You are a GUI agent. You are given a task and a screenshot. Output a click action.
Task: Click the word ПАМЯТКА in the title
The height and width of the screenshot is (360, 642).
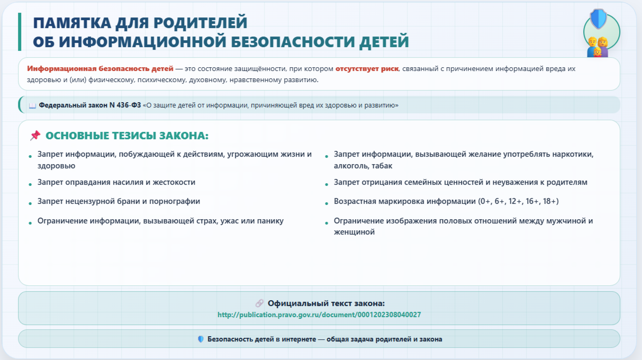click(72, 23)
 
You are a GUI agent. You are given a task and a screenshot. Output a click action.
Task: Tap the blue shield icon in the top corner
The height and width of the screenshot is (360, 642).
click(599, 19)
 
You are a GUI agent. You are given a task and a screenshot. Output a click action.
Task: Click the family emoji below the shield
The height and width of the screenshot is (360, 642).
click(598, 47)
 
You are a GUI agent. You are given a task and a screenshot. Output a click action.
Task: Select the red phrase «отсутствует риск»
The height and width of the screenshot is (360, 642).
click(367, 69)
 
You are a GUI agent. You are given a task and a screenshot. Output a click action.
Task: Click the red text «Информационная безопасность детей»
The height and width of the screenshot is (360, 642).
click(100, 69)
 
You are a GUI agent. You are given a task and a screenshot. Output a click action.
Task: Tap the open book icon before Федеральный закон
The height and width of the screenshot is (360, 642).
click(32, 106)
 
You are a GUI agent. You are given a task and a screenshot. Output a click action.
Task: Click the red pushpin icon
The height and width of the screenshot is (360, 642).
click(35, 136)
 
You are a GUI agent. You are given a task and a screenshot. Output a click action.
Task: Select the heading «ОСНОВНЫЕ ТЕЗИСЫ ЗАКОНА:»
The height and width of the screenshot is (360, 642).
click(127, 136)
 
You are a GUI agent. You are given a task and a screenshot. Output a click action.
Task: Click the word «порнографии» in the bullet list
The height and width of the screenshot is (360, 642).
click(175, 202)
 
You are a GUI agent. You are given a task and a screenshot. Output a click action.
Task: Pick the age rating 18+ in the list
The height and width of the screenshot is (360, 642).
click(550, 201)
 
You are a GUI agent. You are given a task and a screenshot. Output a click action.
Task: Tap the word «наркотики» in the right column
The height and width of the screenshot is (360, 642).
click(573, 154)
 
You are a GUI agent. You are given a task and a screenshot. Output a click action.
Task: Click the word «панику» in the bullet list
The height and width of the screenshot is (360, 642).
click(270, 221)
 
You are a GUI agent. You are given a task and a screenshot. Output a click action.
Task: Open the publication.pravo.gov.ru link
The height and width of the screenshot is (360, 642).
click(319, 314)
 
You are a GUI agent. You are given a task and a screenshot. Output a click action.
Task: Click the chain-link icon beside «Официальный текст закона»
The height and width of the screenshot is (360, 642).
click(259, 303)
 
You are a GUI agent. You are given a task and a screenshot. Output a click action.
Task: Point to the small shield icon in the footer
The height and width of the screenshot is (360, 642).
click(201, 339)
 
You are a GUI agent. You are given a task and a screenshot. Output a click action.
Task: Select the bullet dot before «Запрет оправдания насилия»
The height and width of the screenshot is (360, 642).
click(30, 185)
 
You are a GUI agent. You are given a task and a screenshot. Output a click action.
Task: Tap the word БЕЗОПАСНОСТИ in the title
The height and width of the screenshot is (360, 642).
click(293, 42)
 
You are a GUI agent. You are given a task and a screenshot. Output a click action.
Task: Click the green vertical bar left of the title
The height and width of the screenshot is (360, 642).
click(20, 32)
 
